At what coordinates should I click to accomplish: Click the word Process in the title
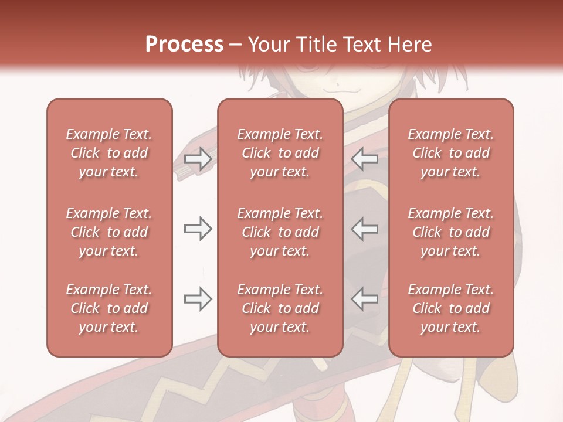point(184,45)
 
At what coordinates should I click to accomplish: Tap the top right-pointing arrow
point(198,159)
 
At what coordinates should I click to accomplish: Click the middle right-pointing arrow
point(198,229)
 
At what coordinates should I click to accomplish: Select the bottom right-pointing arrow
point(198,299)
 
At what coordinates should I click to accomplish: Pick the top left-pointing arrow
point(365,159)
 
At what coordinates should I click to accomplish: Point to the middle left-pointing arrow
point(365,229)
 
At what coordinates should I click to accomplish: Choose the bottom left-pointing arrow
point(365,299)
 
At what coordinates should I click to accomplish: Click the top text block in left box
point(109,153)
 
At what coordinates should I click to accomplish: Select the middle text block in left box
point(109,232)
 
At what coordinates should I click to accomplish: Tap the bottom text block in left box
point(109,308)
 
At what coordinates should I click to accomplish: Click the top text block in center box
point(280,153)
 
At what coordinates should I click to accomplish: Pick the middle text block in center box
point(280,232)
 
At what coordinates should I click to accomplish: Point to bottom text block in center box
point(280,308)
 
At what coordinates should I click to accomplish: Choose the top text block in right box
point(451,153)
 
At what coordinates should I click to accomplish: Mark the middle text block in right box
point(451,232)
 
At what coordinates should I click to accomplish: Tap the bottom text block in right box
point(451,308)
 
